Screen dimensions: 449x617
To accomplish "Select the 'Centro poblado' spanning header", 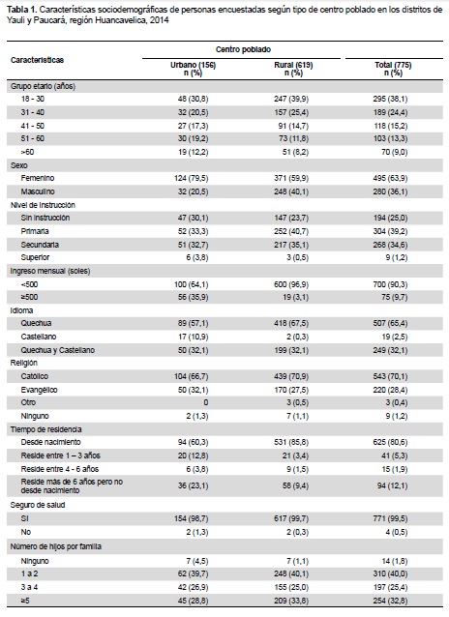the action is pyautogui.click(x=243, y=49).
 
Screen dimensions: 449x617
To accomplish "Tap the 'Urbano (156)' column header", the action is pyautogui.click(x=193, y=65).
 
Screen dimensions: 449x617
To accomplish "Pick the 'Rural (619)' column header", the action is pyautogui.click(x=293, y=65).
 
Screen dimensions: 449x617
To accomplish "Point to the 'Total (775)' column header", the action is pyautogui.click(x=393, y=65).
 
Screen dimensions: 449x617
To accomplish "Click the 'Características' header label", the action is pyautogui.click(x=37, y=60).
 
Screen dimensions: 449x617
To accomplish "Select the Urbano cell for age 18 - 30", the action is pyautogui.click(x=193, y=99).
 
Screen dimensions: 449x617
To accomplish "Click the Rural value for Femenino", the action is pyautogui.click(x=291, y=178).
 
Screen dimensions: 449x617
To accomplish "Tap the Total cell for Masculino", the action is pyautogui.click(x=390, y=191).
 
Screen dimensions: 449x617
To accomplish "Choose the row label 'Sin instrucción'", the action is pyautogui.click(x=45, y=218).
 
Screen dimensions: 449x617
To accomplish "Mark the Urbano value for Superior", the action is pyautogui.click(x=198, y=258).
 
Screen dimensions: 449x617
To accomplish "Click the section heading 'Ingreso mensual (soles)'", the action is pyautogui.click(x=50, y=271).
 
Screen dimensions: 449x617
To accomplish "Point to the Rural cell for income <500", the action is pyautogui.click(x=291, y=284).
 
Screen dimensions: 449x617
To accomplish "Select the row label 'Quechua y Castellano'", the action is pyautogui.click(x=57, y=350).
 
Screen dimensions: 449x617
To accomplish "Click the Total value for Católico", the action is pyautogui.click(x=390, y=376).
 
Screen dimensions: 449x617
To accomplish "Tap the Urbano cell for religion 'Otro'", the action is pyautogui.click(x=206, y=402).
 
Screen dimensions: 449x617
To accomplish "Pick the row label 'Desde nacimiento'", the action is pyautogui.click(x=51, y=442).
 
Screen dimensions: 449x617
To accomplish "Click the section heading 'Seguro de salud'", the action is pyautogui.click(x=38, y=505).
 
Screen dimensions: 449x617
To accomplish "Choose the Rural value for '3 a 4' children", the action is pyautogui.click(x=291, y=587).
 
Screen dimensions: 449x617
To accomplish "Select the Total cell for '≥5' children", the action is pyautogui.click(x=390, y=601).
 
